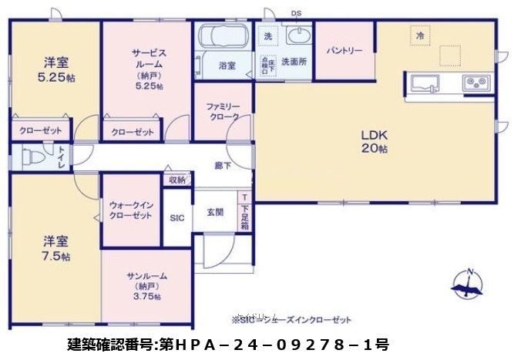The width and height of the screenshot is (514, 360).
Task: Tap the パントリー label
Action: [344, 51]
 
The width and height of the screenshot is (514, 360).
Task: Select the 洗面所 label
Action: [294, 60]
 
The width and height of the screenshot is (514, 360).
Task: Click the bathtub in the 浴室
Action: [222, 36]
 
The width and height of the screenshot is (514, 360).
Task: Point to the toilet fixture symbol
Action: [31, 157]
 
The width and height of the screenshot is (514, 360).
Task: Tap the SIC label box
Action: [176, 218]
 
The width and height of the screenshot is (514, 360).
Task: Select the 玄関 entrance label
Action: [215, 211]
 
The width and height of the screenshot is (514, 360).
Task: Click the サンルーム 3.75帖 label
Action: [146, 285]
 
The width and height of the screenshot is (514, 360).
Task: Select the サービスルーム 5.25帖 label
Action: [146, 69]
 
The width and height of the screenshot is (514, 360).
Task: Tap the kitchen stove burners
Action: [474, 82]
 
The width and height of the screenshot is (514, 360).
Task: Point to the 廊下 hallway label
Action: [223, 165]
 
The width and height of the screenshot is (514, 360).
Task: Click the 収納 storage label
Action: [176, 180]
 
